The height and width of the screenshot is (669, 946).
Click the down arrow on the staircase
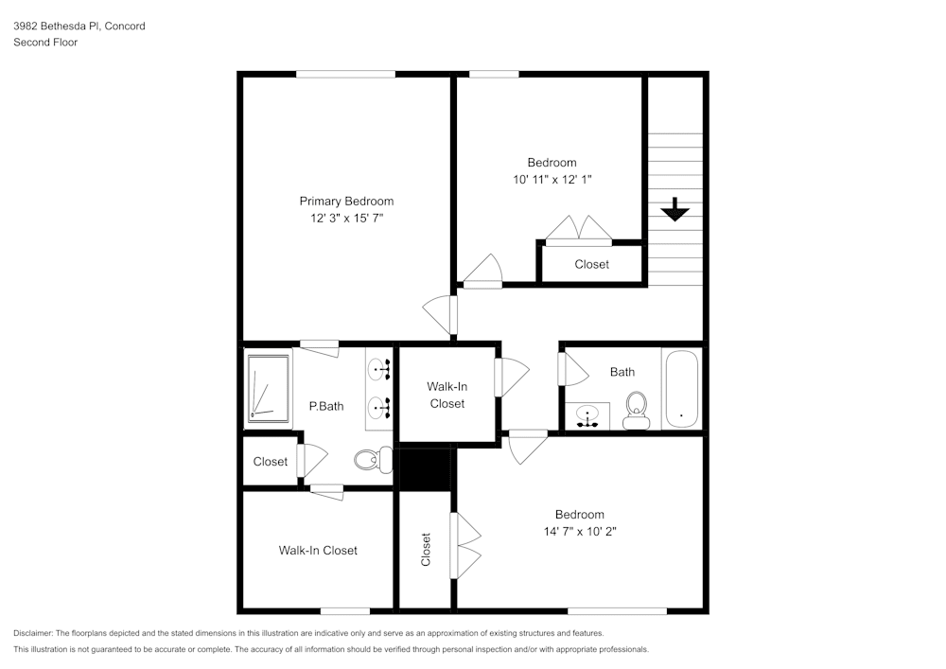pyautogui.click(x=674, y=209)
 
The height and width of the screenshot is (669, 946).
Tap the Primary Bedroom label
pyautogui.click(x=346, y=201)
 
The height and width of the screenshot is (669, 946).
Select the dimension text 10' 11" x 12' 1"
pyautogui.click(x=552, y=179)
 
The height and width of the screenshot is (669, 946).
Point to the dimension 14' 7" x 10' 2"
pyautogui.click(x=579, y=532)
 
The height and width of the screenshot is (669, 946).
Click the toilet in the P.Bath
pyautogui.click(x=372, y=461)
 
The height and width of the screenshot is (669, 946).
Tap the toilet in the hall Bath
pyautogui.click(x=637, y=410)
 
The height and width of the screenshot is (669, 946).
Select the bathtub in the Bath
pyautogui.click(x=681, y=390)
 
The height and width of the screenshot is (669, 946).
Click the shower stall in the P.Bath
pyautogui.click(x=268, y=387)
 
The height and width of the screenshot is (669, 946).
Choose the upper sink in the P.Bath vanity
pyautogui.click(x=379, y=369)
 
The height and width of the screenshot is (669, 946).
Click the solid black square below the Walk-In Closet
pyautogui.click(x=425, y=469)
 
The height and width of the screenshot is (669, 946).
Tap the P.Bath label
pyautogui.click(x=326, y=407)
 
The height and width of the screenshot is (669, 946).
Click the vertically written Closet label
pyautogui.click(x=426, y=550)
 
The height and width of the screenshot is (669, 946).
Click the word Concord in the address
pyautogui.click(x=125, y=26)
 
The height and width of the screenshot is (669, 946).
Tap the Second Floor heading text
pyautogui.click(x=45, y=43)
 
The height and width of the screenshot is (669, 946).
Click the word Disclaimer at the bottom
pyautogui.click(x=33, y=633)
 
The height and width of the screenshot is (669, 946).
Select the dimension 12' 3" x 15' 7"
pyautogui.click(x=346, y=218)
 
